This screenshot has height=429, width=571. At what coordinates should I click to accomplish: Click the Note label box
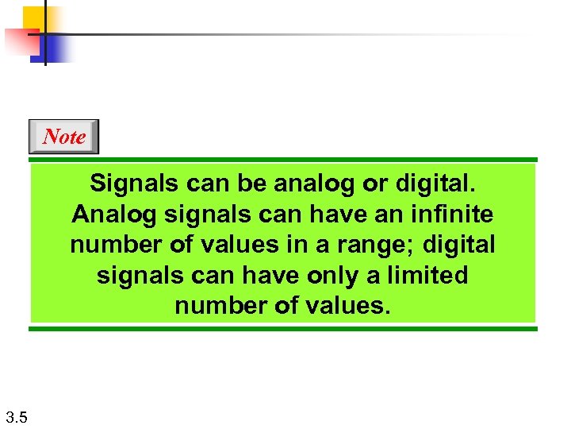(63, 137)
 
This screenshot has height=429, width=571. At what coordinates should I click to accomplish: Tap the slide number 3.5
(16, 416)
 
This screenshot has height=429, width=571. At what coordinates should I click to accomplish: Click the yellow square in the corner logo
(34, 17)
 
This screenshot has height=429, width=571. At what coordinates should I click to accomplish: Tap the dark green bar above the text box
(283, 160)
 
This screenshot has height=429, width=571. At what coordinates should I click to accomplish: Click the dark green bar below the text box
(283, 327)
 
